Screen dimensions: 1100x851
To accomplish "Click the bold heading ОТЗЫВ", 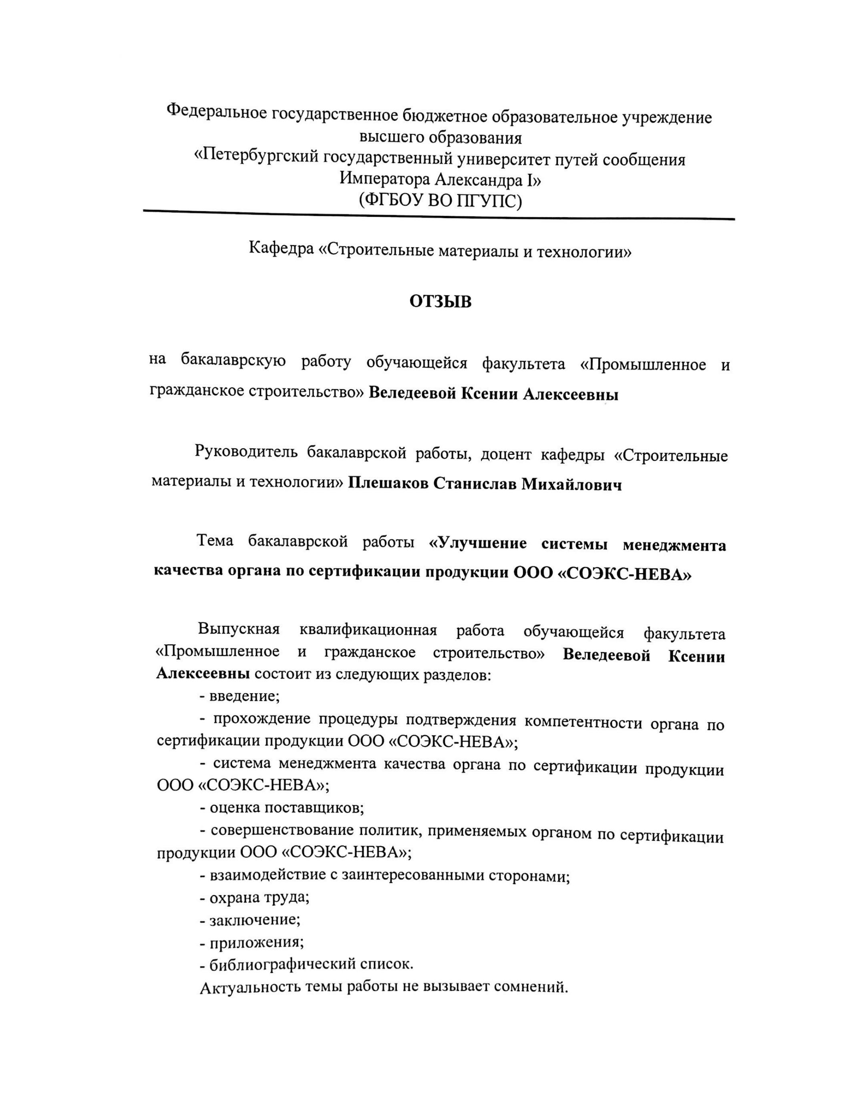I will tap(440, 301).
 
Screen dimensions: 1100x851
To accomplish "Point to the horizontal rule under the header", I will tap(439, 214).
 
